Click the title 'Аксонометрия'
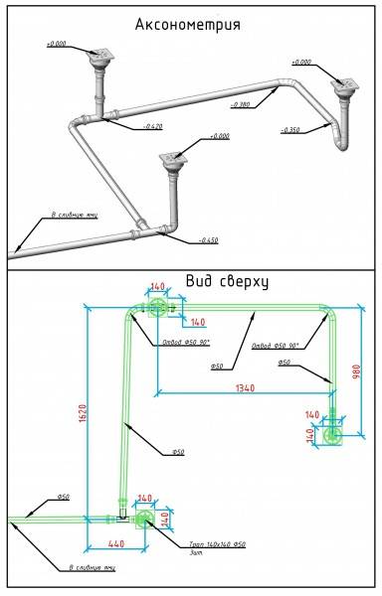[x=192, y=22]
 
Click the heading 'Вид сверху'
[x=228, y=282]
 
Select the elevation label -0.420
[x=152, y=127]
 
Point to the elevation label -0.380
[x=239, y=103]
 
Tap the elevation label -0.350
[x=289, y=130]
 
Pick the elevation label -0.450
[x=208, y=240]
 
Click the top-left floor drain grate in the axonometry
[x=97, y=57]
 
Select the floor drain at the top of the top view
[x=158, y=309]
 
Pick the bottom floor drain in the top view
[x=144, y=518]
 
